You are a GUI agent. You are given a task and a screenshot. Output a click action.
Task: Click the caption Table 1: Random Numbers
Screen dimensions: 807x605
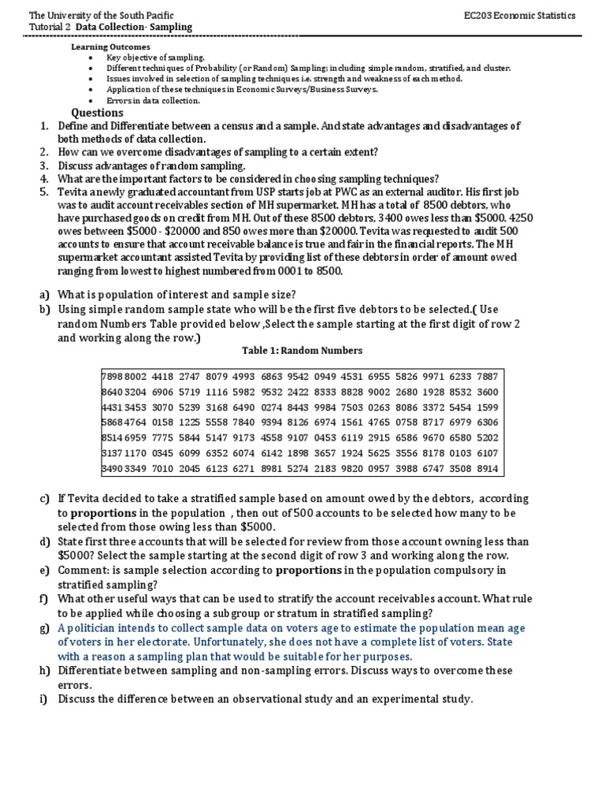pyautogui.click(x=302, y=351)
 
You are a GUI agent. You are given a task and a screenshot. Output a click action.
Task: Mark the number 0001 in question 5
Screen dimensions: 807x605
pyautogui.click(x=292, y=271)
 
